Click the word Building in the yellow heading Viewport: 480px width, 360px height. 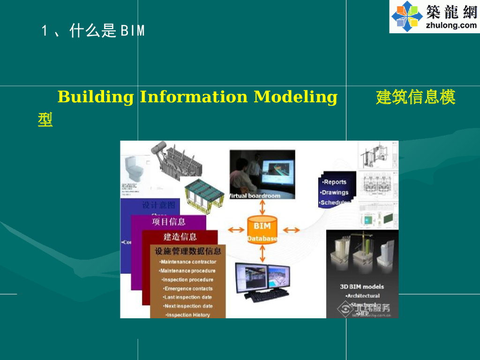point(96,97)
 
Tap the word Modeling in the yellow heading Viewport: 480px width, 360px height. point(295,97)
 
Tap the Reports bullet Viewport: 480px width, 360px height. point(334,182)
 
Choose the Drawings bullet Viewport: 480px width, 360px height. point(335,192)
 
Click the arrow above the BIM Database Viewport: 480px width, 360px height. point(262,207)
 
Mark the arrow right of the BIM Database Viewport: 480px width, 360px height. point(291,230)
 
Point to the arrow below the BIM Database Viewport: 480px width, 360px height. point(262,254)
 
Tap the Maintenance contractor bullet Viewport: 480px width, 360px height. point(188,262)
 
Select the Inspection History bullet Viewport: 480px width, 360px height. point(188,315)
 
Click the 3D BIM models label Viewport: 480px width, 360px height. point(362,286)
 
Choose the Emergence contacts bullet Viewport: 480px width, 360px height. point(188,288)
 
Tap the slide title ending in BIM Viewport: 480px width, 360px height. point(93,31)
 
